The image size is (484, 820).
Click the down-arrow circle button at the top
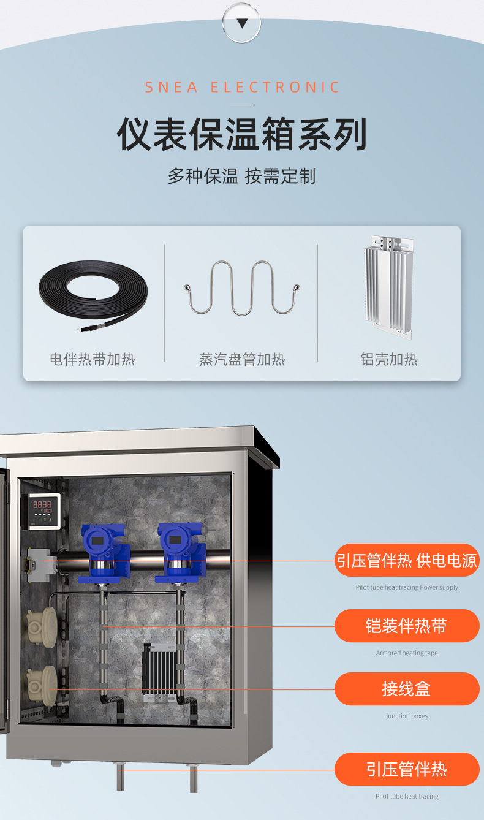(241, 23)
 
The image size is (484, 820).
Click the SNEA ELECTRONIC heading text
(242, 87)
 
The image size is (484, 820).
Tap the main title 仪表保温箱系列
(242, 134)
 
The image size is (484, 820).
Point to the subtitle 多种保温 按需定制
(242, 176)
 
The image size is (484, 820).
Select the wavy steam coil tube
(242, 288)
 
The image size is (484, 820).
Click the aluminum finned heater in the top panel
(389, 287)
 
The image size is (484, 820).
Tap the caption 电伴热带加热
(93, 359)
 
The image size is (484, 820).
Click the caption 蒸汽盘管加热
(242, 359)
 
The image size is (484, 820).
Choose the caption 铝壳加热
(389, 359)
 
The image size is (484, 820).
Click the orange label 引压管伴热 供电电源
(407, 560)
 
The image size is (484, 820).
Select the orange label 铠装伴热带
(407, 626)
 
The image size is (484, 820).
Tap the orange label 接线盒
(407, 689)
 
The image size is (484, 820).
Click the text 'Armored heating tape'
(407, 653)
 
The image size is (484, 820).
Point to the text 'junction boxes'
(407, 716)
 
